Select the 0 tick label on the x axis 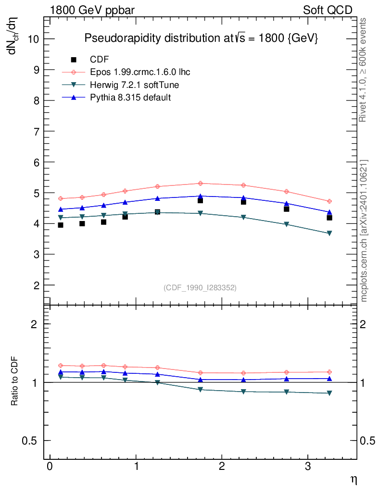pos(50,467)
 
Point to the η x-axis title pos(353,480)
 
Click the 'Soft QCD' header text pos(328,10)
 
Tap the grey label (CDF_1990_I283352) pos(200,287)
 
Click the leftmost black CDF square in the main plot pos(61,225)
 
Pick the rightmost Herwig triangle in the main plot pos(329,234)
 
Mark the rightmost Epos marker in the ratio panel pos(329,372)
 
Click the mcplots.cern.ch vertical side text pos(364,231)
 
